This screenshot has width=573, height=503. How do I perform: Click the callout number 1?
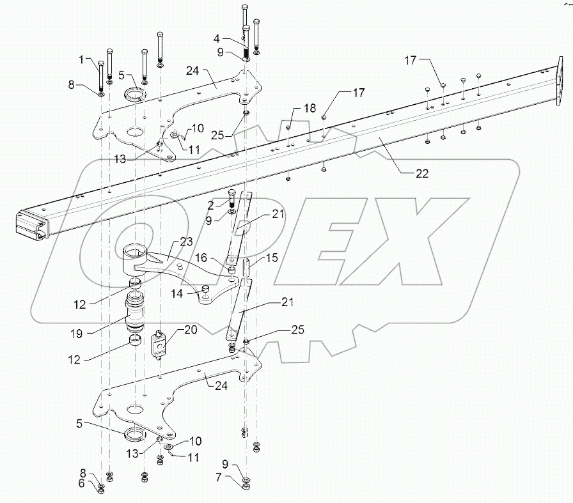(82, 60)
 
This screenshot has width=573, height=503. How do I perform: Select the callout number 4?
(235, 38)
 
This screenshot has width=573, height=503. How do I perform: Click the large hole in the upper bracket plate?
(134, 133)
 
